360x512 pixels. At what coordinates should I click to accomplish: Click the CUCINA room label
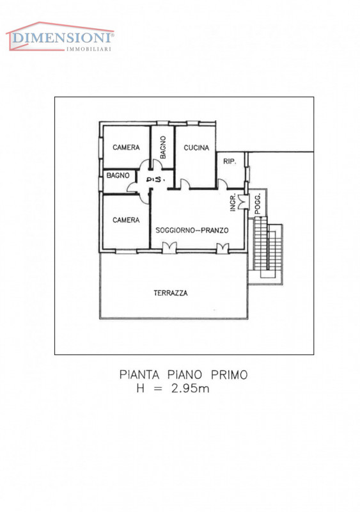tap(196, 148)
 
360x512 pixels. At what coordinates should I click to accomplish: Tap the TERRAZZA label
tap(171, 293)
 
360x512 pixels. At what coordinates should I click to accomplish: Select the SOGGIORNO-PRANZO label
tap(192, 230)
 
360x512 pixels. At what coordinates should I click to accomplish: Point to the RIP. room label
tap(230, 161)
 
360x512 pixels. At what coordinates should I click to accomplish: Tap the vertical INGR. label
tap(233, 203)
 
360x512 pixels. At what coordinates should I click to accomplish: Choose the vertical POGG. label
tap(258, 204)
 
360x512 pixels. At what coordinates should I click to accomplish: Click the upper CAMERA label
tap(126, 148)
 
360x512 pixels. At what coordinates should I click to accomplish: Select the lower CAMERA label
tap(126, 220)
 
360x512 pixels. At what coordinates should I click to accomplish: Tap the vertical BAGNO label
tap(163, 148)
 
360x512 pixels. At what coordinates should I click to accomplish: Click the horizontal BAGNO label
tap(118, 175)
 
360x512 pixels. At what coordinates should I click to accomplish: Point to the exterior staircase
tap(265, 250)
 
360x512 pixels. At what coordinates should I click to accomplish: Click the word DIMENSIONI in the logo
tap(62, 38)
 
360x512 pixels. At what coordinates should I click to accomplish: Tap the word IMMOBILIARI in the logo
tap(89, 49)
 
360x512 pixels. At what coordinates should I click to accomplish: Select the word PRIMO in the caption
tap(229, 375)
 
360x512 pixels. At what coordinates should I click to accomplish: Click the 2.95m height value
tap(191, 388)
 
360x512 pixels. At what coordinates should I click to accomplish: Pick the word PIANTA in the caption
tap(139, 375)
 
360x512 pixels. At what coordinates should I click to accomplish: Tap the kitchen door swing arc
tap(185, 183)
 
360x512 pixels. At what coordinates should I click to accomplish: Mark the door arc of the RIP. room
tap(223, 184)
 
